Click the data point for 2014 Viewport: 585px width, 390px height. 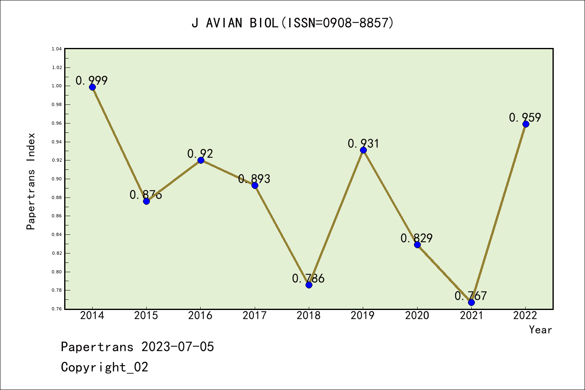(92, 87)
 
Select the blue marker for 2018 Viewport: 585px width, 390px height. (309, 285)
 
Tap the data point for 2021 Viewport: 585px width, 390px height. (471, 302)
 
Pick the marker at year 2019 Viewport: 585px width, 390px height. (363, 150)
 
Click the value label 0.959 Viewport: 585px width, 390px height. (525, 117)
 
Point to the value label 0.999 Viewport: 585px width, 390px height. (91, 80)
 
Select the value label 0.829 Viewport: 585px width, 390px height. (416, 238)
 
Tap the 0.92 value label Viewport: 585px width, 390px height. (200, 154)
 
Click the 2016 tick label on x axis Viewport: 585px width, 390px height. (200, 316)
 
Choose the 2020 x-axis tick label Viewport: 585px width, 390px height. (417, 316)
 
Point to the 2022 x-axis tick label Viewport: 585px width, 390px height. (525, 316)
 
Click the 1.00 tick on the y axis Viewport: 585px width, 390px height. (56, 86)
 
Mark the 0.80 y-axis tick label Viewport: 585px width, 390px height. (56, 272)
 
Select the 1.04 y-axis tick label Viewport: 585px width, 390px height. (56, 49)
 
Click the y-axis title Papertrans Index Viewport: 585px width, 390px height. (31, 181)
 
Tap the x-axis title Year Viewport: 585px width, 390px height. (540, 330)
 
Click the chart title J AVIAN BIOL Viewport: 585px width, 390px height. (292, 23)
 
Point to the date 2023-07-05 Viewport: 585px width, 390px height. (178, 347)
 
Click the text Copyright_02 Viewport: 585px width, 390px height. (104, 367)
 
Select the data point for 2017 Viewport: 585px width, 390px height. (255, 185)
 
